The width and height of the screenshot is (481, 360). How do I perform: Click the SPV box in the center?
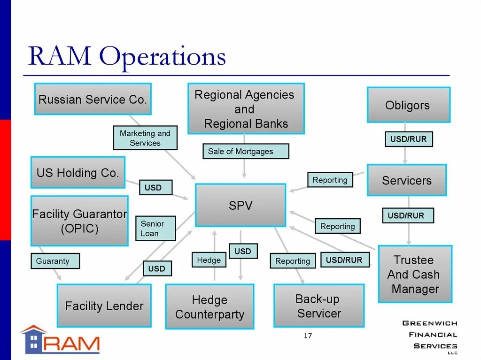pyautogui.click(x=240, y=205)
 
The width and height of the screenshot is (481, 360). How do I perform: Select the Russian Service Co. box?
pyautogui.click(x=93, y=99)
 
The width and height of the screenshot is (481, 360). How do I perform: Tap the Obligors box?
pyautogui.click(x=408, y=105)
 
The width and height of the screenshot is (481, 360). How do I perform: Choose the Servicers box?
pyautogui.click(x=406, y=180)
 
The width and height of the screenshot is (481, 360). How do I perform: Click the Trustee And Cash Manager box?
pyautogui.click(x=414, y=274)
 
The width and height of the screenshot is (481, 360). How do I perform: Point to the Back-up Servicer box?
pyautogui.click(x=318, y=306)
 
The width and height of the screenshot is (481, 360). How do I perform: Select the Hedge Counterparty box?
pyautogui.click(x=209, y=306)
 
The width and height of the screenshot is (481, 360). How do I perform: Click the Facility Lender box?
pyautogui.click(x=104, y=306)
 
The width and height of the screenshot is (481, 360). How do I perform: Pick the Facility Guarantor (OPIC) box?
pyautogui.click(x=79, y=221)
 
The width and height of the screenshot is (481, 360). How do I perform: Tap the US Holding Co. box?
pyautogui.click(x=78, y=172)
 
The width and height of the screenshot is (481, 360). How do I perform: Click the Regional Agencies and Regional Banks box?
pyautogui.click(x=246, y=109)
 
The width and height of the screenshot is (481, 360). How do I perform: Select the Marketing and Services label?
pyautogui.click(x=145, y=138)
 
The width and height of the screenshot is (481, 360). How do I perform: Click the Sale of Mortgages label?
pyautogui.click(x=246, y=151)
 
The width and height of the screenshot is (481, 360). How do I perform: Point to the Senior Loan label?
pyautogui.click(x=155, y=229)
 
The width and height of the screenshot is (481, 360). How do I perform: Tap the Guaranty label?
pyautogui.click(x=55, y=261)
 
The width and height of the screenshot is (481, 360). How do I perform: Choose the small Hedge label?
pyautogui.click(x=209, y=260)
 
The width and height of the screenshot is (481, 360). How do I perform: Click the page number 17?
pyautogui.click(x=308, y=335)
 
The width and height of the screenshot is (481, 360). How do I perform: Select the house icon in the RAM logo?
pyautogui.click(x=34, y=339)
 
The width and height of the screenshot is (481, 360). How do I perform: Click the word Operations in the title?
pyautogui.click(x=163, y=57)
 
